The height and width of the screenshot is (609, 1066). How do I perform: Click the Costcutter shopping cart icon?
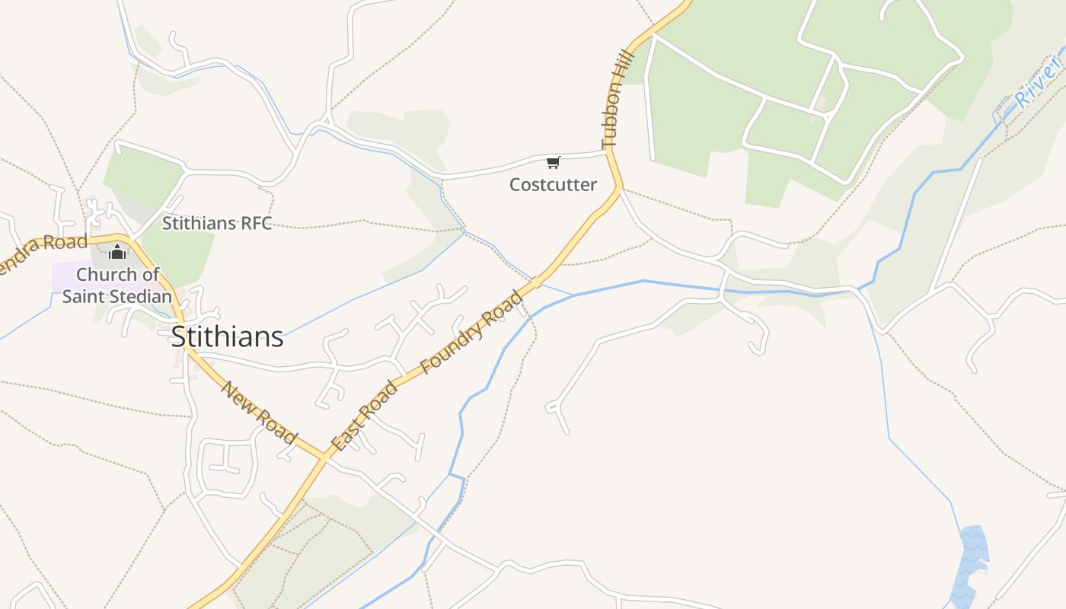coord(554,162)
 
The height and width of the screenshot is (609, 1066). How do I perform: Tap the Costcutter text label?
coord(553,185)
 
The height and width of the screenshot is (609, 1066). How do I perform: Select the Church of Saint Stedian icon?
coord(117,252)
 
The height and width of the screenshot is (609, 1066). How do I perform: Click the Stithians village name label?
coord(227,336)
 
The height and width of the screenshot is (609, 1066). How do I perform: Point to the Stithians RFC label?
coord(217,224)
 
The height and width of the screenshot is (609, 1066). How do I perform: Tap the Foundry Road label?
coord(472,332)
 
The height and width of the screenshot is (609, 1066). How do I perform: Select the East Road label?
coord(365,416)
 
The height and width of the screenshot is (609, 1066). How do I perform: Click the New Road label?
coord(259,412)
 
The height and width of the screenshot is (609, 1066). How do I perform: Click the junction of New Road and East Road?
coord(324,458)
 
